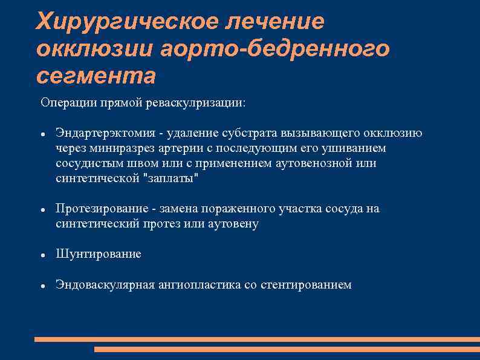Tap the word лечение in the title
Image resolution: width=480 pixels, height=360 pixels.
point(275,22)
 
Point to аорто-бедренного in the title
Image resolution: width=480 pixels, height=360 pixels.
point(275,49)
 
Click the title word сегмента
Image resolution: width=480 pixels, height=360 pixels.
point(96,76)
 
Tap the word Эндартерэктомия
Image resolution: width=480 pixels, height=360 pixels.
point(103,133)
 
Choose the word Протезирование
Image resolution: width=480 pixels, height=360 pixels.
point(101,209)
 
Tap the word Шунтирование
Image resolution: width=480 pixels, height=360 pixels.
point(98,254)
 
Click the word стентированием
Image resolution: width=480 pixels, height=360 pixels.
point(306,284)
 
